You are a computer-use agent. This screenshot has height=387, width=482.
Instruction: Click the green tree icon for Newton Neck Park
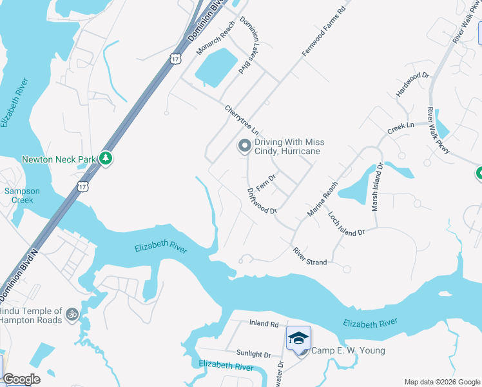click(106, 158)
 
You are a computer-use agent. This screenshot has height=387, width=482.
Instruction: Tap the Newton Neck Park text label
click(59, 159)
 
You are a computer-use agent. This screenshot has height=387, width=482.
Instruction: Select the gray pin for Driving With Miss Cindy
click(244, 146)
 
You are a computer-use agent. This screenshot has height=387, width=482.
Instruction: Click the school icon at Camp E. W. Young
click(298, 339)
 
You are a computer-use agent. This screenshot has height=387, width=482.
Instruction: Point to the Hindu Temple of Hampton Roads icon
click(72, 315)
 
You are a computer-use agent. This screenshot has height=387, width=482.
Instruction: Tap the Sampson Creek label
click(23, 195)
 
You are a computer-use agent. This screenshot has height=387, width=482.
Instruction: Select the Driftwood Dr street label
click(262, 201)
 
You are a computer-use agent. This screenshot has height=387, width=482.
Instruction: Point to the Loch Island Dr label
click(346, 223)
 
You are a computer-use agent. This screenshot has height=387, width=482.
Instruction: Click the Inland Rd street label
click(264, 324)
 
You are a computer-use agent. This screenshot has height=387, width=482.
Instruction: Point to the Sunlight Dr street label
click(253, 354)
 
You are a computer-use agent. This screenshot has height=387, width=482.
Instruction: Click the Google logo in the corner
click(21, 379)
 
